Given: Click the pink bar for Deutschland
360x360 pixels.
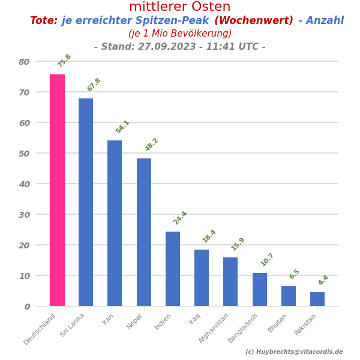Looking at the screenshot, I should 57,190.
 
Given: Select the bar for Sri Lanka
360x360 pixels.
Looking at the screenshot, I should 86,202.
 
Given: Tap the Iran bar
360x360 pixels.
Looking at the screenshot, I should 115,223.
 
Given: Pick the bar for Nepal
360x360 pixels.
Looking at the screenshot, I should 144,232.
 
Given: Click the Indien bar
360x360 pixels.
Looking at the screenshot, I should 173,269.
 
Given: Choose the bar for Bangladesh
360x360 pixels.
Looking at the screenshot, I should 260,290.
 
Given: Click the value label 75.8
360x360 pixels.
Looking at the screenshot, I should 64,61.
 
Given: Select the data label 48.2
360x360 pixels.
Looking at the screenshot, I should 151,145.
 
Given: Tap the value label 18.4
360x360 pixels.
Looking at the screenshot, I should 209,236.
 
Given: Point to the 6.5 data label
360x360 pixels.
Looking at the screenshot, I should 294,274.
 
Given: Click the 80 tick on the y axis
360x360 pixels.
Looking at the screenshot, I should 24,62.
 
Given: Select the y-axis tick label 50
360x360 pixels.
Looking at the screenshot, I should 24,154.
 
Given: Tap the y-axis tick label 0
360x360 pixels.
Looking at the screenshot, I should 27,307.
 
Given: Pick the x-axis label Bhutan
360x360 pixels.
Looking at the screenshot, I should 277,323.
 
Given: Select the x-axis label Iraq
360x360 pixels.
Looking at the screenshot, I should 194,319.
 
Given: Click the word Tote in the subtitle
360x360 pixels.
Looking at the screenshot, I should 43,21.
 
